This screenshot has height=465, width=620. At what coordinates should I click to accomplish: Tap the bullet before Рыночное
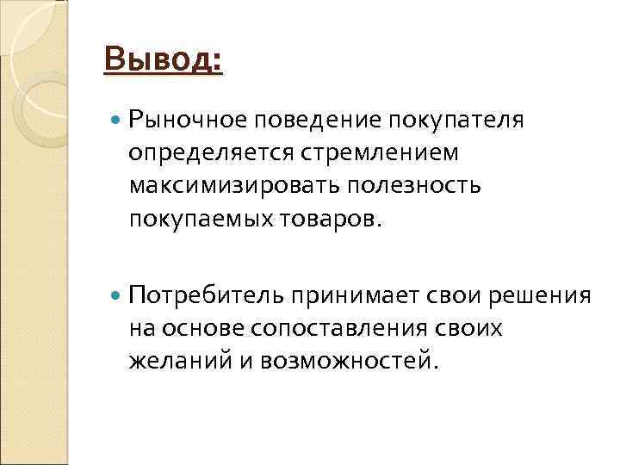tap(117, 118)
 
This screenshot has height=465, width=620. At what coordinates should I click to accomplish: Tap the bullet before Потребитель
tap(117, 296)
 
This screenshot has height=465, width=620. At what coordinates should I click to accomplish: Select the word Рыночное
tap(182, 119)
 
